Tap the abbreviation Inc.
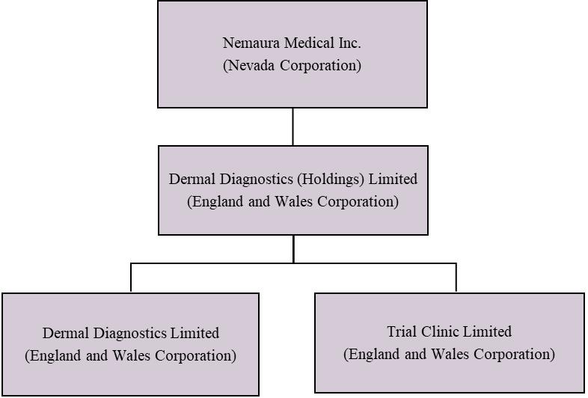point(344,43)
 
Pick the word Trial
point(402,331)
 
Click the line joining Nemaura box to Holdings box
point(293,126)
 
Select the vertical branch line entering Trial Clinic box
point(456,278)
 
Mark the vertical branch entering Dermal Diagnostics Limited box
point(131,278)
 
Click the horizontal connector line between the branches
point(224,263)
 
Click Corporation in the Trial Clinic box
point(514,354)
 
